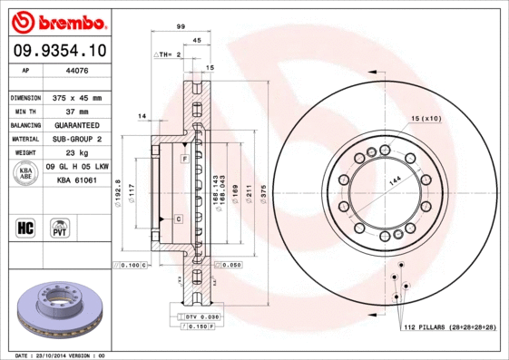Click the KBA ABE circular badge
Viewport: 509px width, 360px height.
point(26,174)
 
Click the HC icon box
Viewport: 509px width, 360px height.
point(26,227)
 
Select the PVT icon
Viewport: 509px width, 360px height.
point(59,227)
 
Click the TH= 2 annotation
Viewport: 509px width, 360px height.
point(171,55)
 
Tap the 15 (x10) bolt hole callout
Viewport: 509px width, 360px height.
point(426,119)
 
